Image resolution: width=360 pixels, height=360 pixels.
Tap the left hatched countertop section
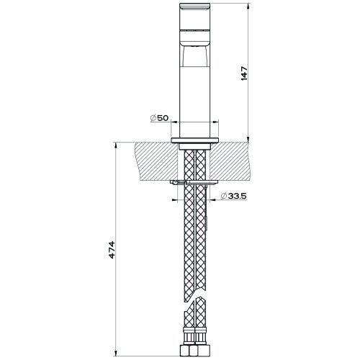[x=156, y=159]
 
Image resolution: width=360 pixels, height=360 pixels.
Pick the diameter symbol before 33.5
[x=222, y=195]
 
